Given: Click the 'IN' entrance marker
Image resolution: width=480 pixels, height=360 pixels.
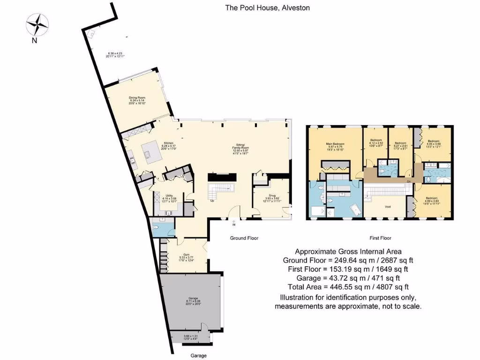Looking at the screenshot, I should tap(233, 225).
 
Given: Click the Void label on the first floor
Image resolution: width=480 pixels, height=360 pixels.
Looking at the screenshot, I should tap(388, 206).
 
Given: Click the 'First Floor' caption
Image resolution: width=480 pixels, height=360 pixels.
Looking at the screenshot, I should tap(380, 238).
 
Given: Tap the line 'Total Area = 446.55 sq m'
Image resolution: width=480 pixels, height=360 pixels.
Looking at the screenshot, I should tap(348, 286).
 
